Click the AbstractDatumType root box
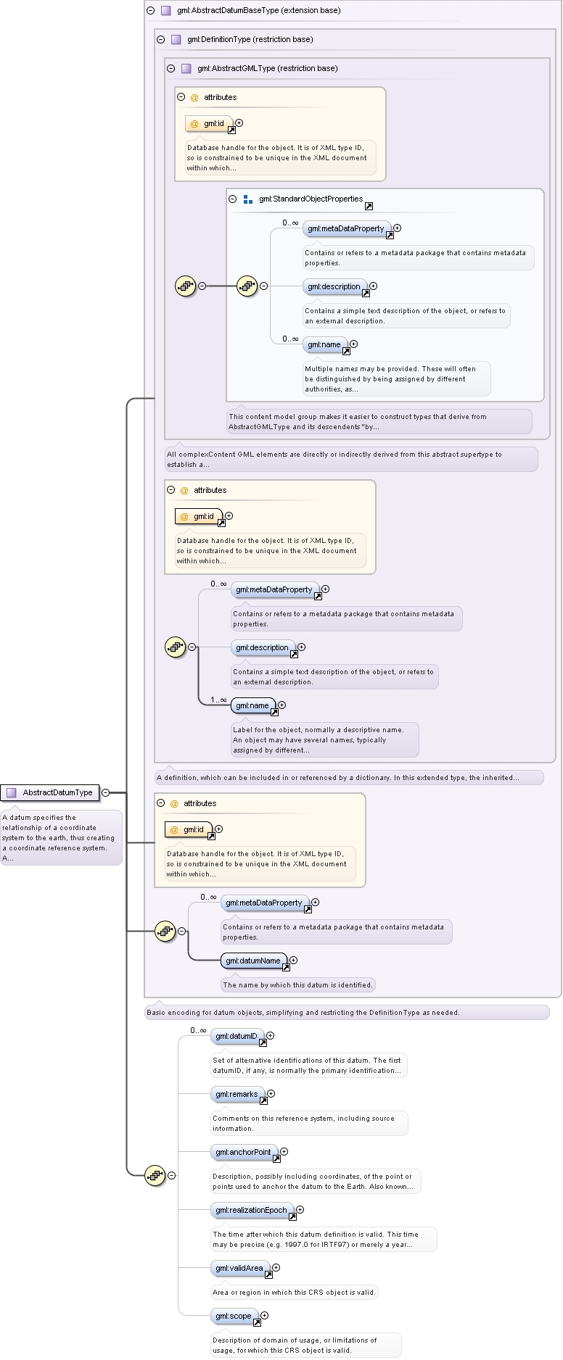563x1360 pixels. click(50, 792)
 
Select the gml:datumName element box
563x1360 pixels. click(254, 961)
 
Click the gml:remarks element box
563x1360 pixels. click(238, 1094)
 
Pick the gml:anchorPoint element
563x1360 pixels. click(244, 1152)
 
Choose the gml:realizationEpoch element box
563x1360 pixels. click(252, 1210)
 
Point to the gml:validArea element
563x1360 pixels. click(241, 1268)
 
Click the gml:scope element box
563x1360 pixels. click(235, 1316)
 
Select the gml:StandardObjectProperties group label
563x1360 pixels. click(311, 199)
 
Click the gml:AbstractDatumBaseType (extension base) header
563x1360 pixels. click(258, 10)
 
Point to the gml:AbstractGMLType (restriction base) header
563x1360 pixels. click(267, 68)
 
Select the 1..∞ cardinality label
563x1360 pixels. click(218, 700)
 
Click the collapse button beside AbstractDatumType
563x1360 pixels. click(105, 792)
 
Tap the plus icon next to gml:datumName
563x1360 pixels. click(293, 960)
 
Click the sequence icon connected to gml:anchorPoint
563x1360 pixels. click(155, 1175)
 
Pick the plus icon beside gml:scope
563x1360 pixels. click(264, 1315)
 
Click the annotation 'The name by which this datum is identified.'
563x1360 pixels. click(298, 984)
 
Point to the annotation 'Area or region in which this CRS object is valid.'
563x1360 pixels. click(294, 1292)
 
